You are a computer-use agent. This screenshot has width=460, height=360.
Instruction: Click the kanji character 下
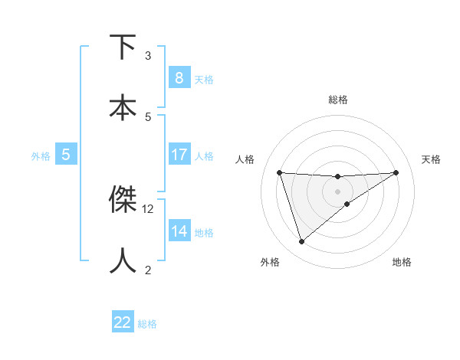(123, 47)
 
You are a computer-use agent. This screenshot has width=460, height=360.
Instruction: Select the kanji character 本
(123, 106)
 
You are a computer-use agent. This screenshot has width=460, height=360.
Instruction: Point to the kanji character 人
(123, 260)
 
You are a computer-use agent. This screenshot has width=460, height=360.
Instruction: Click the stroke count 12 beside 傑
(148, 208)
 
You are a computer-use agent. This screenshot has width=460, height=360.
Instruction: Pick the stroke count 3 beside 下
(148, 56)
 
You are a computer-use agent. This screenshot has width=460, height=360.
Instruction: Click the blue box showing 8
(179, 77)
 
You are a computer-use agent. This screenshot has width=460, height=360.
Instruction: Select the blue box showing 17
(179, 155)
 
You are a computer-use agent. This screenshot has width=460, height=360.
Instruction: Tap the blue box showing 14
(179, 231)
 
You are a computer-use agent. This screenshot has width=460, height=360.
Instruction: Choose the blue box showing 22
(122, 322)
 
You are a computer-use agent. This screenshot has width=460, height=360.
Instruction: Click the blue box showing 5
(66, 155)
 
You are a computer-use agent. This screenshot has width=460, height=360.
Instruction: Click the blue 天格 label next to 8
(204, 79)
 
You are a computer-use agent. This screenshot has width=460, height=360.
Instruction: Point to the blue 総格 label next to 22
(147, 324)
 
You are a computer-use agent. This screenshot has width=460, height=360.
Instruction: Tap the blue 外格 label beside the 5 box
(41, 156)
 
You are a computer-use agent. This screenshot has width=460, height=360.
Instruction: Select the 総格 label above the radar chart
(337, 100)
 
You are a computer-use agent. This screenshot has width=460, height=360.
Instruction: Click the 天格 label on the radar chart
(431, 159)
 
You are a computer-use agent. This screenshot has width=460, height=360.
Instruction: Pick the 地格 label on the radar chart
(402, 262)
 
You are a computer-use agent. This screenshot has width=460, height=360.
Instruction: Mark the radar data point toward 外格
(301, 242)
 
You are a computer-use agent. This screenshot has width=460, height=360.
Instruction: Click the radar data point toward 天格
(396, 172)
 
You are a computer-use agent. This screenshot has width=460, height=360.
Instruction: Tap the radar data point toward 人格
(279, 172)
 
